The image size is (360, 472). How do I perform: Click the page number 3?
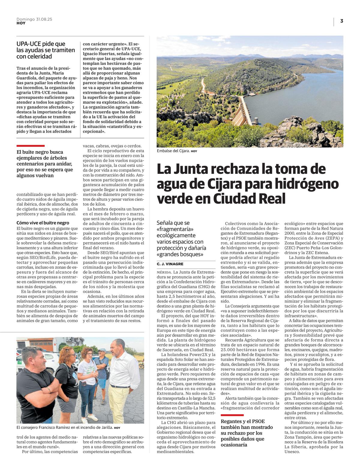point(341,21)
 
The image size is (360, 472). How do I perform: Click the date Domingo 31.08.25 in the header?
point(34,19)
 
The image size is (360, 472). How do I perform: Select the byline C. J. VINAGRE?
point(170,264)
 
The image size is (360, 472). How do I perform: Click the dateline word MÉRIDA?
point(164,272)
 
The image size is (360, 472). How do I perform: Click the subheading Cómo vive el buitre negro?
point(43,223)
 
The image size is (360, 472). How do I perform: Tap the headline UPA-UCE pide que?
point(41,44)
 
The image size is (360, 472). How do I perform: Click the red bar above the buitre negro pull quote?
point(31,146)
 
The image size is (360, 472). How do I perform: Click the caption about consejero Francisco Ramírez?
point(65,428)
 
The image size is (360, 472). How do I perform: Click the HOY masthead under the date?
point(21,23)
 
